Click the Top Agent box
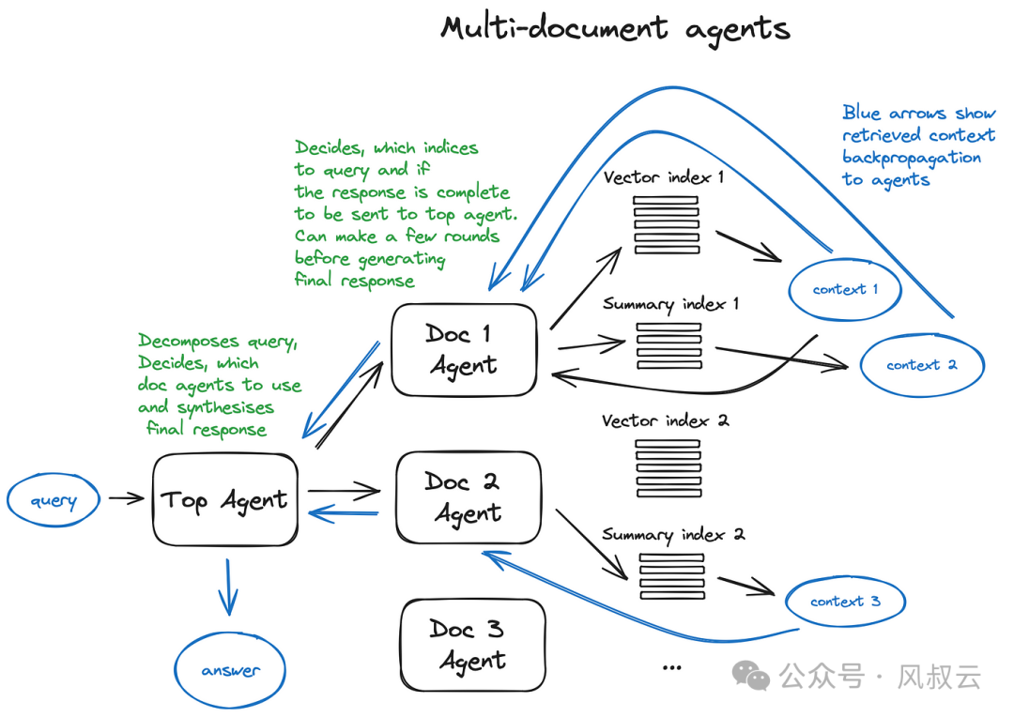click(x=224, y=500)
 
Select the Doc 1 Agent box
click(x=464, y=349)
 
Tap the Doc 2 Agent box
click(x=469, y=497)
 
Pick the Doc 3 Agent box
click(x=472, y=645)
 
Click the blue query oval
click(x=54, y=500)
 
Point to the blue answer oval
click(x=229, y=671)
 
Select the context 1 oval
click(x=845, y=289)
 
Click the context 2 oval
click(x=921, y=365)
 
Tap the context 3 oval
click(x=845, y=602)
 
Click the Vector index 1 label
click(x=664, y=177)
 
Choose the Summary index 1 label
click(x=670, y=305)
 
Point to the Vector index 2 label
click(x=665, y=421)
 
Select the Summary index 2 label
click(x=673, y=535)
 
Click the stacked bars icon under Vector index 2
click(x=668, y=466)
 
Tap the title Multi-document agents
click(x=615, y=29)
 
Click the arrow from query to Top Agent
click(x=126, y=498)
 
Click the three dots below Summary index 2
click(x=671, y=667)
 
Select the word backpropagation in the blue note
click(x=911, y=158)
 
